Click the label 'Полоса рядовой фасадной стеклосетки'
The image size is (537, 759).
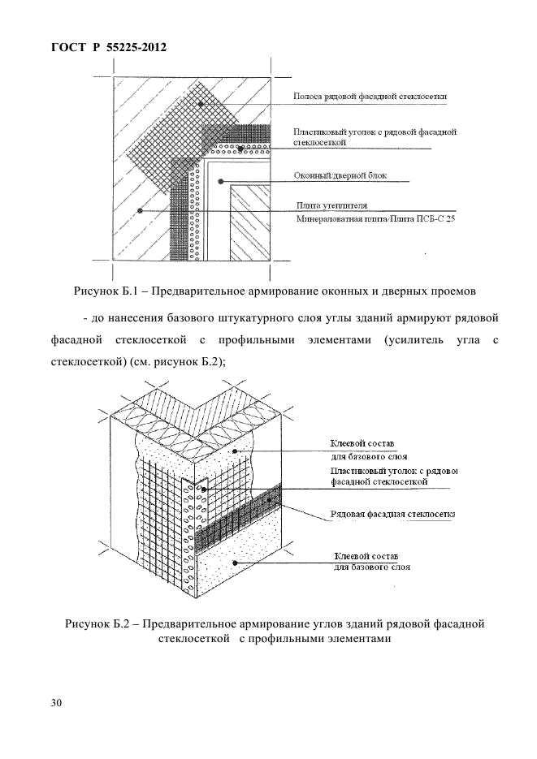(x=370, y=97)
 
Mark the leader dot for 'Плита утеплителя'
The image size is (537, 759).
(x=141, y=210)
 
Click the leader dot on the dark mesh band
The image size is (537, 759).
(x=268, y=502)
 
